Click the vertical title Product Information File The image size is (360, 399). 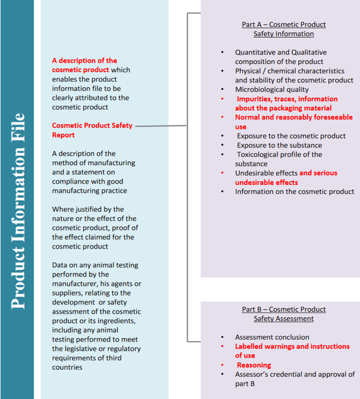[x=18, y=210]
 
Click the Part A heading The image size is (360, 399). [x=283, y=29]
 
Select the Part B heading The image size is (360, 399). [x=283, y=314]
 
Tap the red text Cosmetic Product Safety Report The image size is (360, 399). [x=93, y=130]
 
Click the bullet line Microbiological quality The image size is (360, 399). [x=271, y=90]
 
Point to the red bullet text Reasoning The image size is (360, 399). [x=254, y=365]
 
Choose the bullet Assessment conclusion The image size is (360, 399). [x=272, y=337]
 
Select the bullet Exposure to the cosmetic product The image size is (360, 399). [x=291, y=136]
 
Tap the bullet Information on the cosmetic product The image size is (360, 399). [x=294, y=192]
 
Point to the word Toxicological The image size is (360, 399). [x=261, y=155]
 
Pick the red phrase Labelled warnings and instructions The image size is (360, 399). [x=292, y=346]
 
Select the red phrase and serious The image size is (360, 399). [x=318, y=173]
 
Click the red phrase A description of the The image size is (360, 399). [x=84, y=60]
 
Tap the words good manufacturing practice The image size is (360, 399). [x=90, y=186]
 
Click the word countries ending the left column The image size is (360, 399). [x=67, y=367]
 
